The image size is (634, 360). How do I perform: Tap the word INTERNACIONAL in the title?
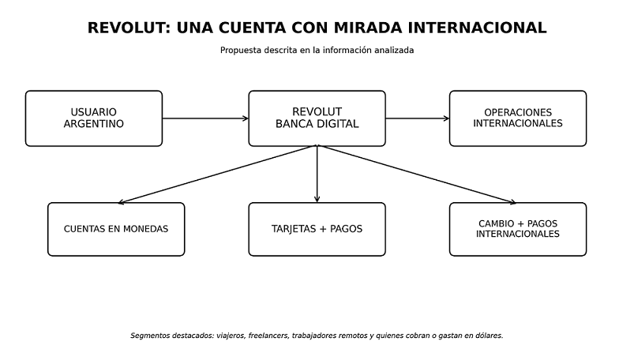point(477,28)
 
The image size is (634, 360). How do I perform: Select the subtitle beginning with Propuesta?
point(317,51)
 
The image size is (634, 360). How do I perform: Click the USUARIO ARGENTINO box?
point(94,118)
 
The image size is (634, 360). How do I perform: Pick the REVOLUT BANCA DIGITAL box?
point(317,118)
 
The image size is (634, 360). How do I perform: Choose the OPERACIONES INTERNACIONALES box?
point(518,118)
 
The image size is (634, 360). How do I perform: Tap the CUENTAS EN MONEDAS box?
point(116,230)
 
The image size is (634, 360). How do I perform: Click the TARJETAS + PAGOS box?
point(317,230)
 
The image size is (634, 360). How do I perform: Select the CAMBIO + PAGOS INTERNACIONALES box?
point(518,230)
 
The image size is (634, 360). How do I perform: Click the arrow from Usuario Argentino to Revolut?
point(205,118)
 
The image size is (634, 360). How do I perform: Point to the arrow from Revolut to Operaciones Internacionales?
point(418,118)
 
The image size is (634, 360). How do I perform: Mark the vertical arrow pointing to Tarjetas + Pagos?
point(317,174)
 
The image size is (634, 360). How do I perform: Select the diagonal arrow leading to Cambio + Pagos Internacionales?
point(416,174)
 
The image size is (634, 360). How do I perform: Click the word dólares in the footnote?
point(490,336)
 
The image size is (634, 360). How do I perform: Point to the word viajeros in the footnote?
point(231,336)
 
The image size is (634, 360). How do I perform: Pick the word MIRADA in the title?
point(369,28)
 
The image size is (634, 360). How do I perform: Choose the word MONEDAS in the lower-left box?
point(145,229)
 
